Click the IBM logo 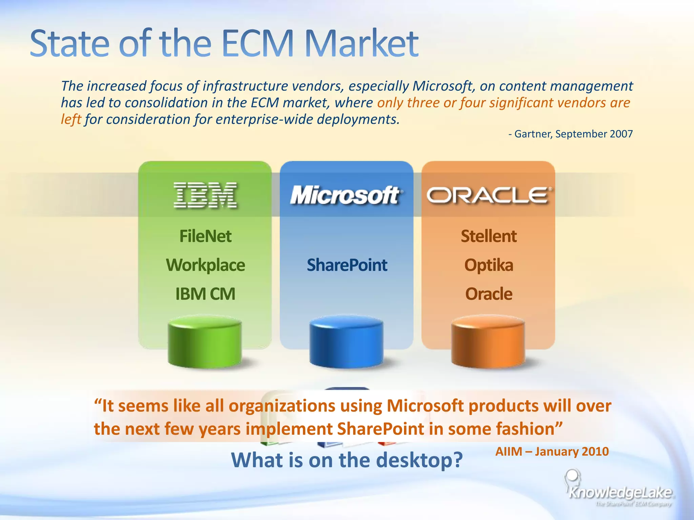pyautogui.click(x=205, y=195)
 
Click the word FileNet pyautogui.click(x=205, y=236)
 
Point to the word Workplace pyautogui.click(x=205, y=265)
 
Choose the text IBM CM pyautogui.click(x=205, y=294)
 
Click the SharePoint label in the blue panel pyautogui.click(x=347, y=265)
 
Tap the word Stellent pyautogui.click(x=489, y=236)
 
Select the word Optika pyautogui.click(x=489, y=265)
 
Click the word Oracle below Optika pyautogui.click(x=489, y=294)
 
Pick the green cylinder pyautogui.click(x=205, y=342)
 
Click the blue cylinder pyautogui.click(x=346, y=342)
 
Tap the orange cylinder pyautogui.click(x=488, y=342)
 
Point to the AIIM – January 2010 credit pyautogui.click(x=552, y=452)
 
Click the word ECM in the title pyautogui.click(x=258, y=44)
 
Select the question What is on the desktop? pyautogui.click(x=347, y=460)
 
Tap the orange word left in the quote pyautogui.click(x=71, y=120)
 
